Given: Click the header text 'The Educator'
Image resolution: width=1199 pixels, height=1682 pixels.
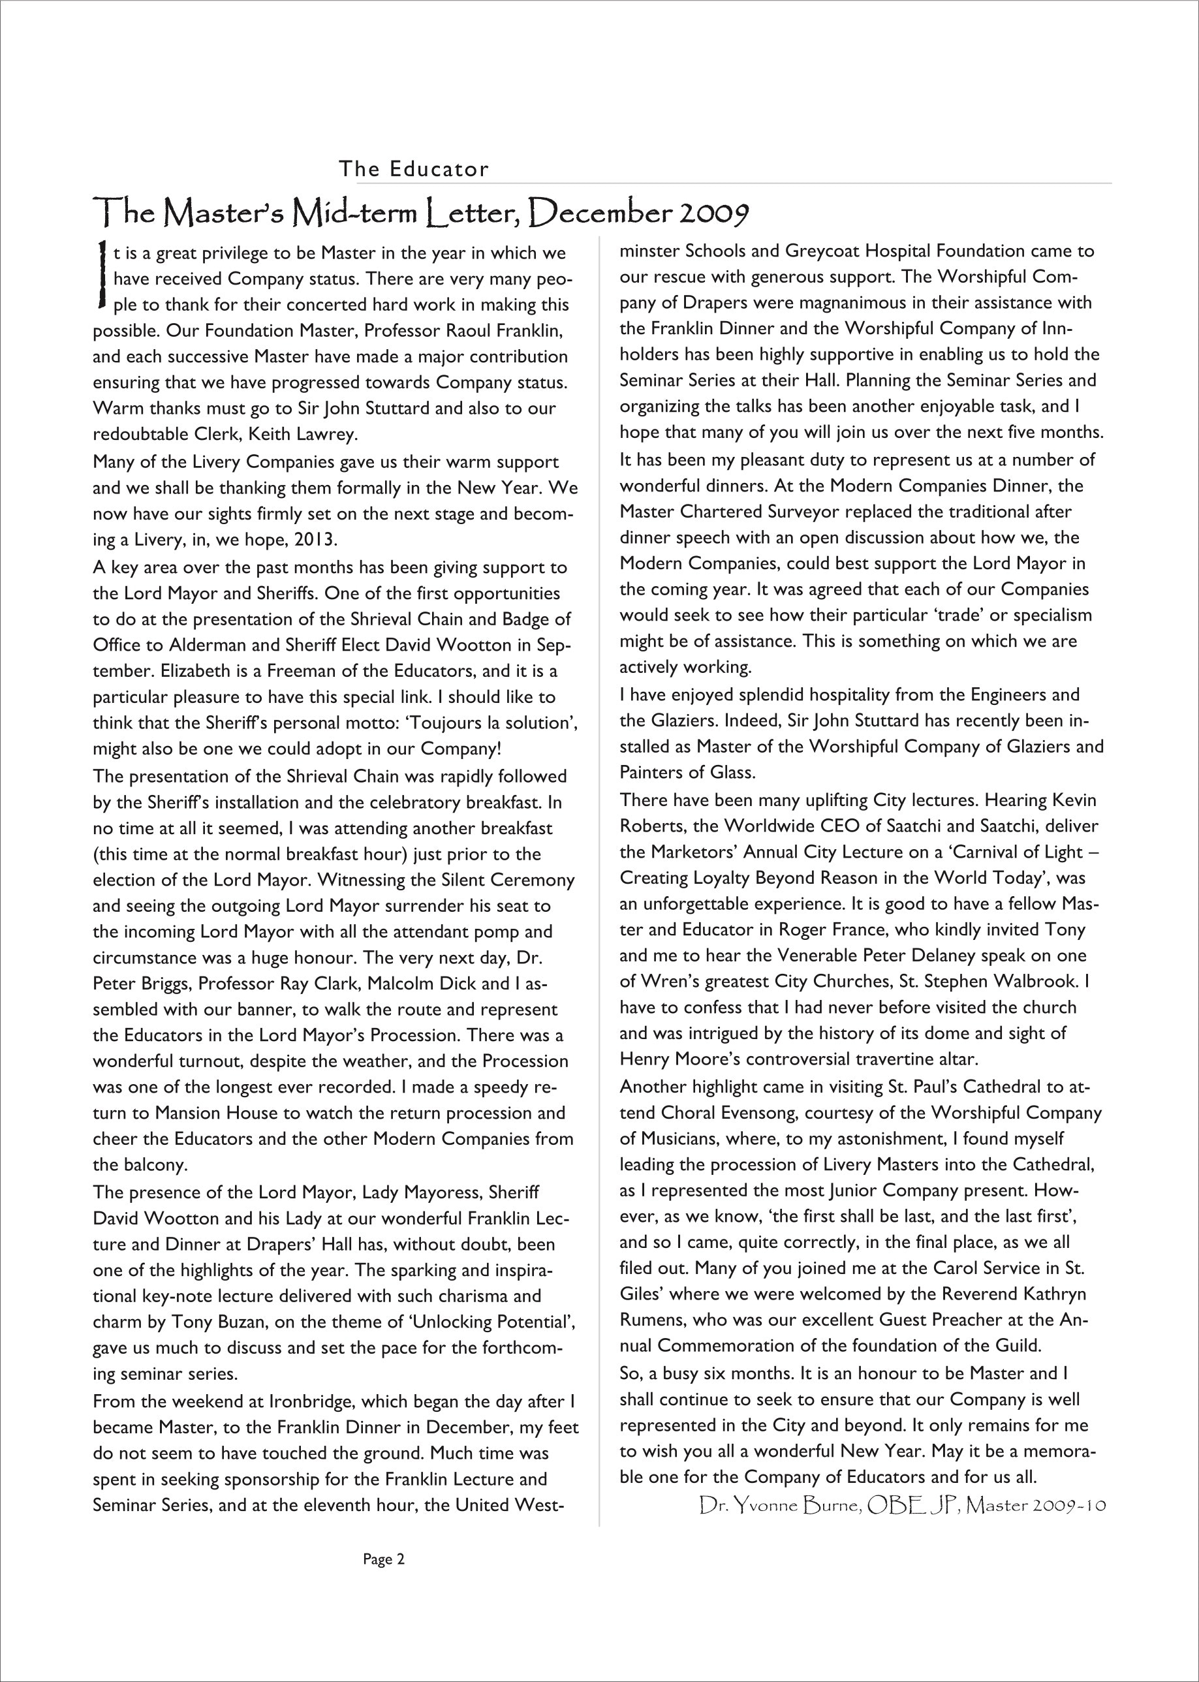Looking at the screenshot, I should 413,169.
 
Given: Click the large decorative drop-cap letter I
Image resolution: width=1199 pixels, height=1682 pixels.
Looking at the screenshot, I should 101,274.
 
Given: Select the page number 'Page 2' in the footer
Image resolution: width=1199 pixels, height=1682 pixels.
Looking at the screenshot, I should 383,1559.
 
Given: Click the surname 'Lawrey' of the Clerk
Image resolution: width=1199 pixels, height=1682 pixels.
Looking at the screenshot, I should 324,434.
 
